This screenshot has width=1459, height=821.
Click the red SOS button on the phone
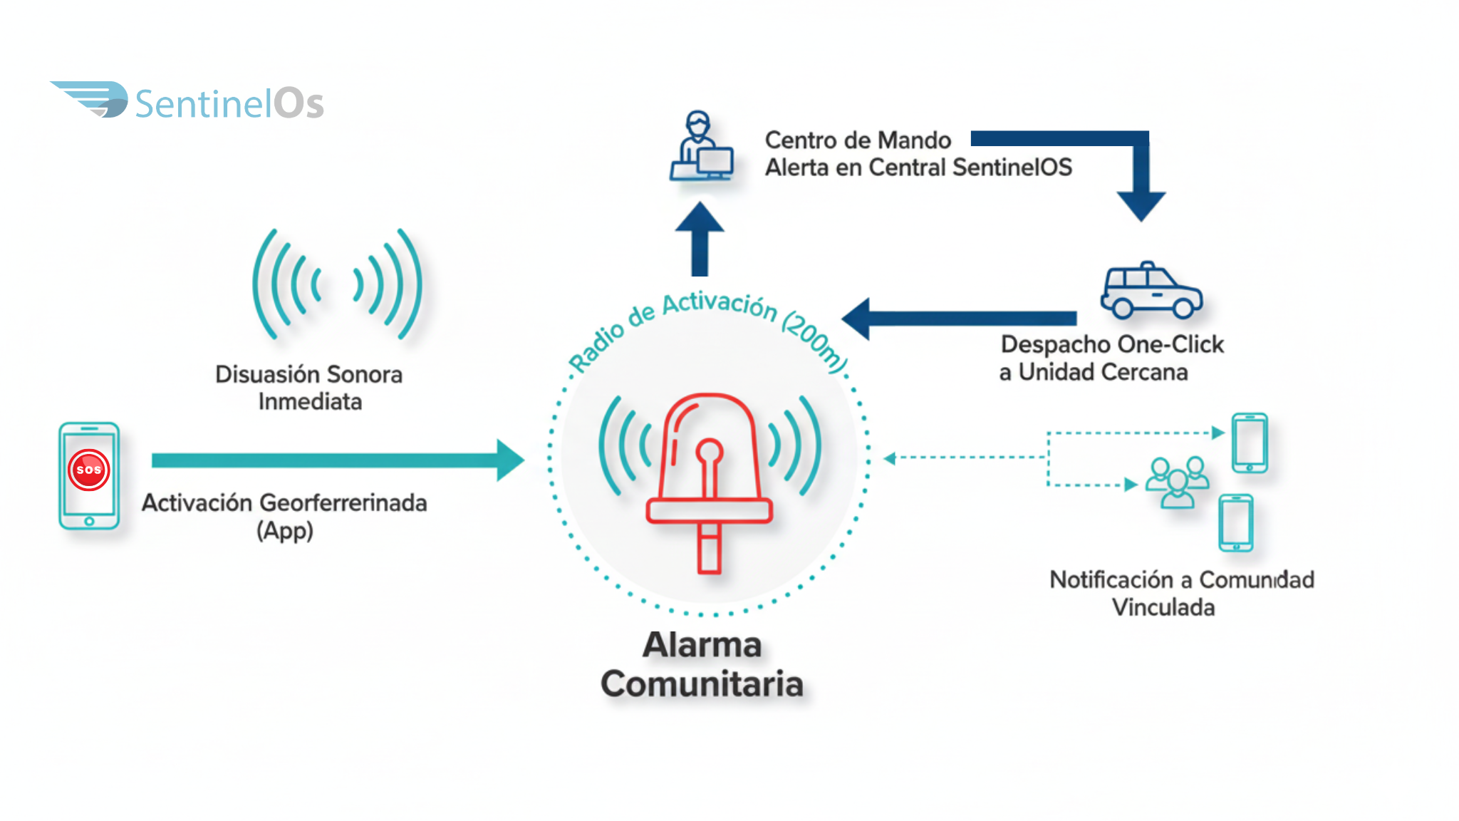click(89, 470)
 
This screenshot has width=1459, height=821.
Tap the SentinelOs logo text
click(229, 104)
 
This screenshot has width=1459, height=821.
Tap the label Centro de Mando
click(858, 140)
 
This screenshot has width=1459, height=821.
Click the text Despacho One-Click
click(1111, 344)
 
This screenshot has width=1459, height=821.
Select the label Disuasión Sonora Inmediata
click(309, 388)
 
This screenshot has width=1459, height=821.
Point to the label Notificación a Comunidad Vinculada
click(1181, 593)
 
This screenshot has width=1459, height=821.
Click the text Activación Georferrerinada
click(284, 503)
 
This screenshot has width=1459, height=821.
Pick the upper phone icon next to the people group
click(1250, 443)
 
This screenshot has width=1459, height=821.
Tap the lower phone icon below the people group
click(1236, 524)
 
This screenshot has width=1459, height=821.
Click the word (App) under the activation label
click(285, 531)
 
